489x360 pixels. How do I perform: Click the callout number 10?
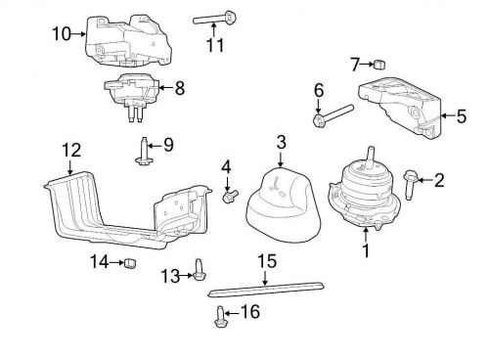click(x=62, y=34)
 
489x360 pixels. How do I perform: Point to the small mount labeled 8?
click(x=133, y=90)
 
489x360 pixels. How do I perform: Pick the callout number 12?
click(x=70, y=151)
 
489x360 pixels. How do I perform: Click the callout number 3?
click(x=281, y=144)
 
